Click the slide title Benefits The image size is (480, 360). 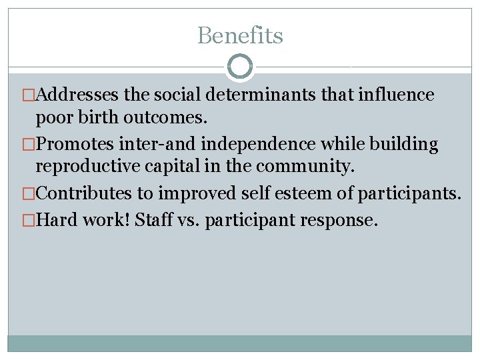coord(240,35)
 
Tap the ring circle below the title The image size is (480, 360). coord(240,67)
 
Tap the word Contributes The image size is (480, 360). coord(85,194)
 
